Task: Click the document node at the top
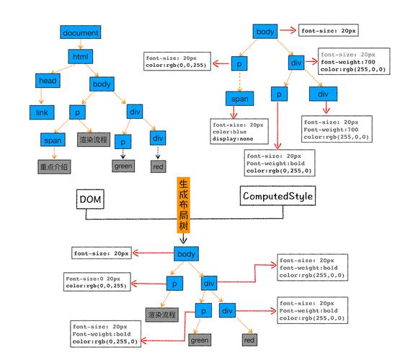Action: [80, 32]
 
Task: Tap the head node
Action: [48, 81]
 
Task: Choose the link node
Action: [42, 112]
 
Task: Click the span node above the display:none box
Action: [239, 98]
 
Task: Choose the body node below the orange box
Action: [185, 253]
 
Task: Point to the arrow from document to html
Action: [79, 45]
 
